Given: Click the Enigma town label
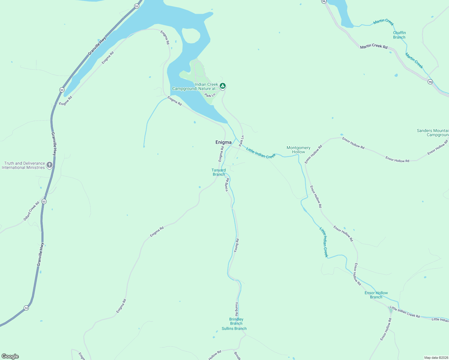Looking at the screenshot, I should tap(223, 142).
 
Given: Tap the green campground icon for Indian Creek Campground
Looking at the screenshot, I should tap(222, 86).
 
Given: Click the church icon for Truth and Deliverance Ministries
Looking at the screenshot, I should tap(50, 165).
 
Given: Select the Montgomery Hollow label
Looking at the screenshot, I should tap(298, 150).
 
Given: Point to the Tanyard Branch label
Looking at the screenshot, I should tap(218, 172).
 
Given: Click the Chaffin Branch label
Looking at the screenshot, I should tap(399, 35).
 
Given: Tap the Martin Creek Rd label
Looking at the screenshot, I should tap(374, 46).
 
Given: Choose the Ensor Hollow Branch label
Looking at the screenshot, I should tap(376, 295).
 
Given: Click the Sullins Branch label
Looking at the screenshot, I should tap(234, 328).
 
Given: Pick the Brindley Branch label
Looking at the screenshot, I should tap(236, 321).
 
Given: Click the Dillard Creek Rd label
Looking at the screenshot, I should tap(32, 211).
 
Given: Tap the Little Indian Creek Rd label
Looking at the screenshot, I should tap(405, 312).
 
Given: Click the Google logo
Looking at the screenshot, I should tap(10, 356).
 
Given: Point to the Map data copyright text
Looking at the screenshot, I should tap(436, 358).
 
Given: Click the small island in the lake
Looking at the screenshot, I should tap(191, 37).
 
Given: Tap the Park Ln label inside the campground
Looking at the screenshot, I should tap(210, 95).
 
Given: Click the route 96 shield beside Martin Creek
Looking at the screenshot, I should tap(430, 82).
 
